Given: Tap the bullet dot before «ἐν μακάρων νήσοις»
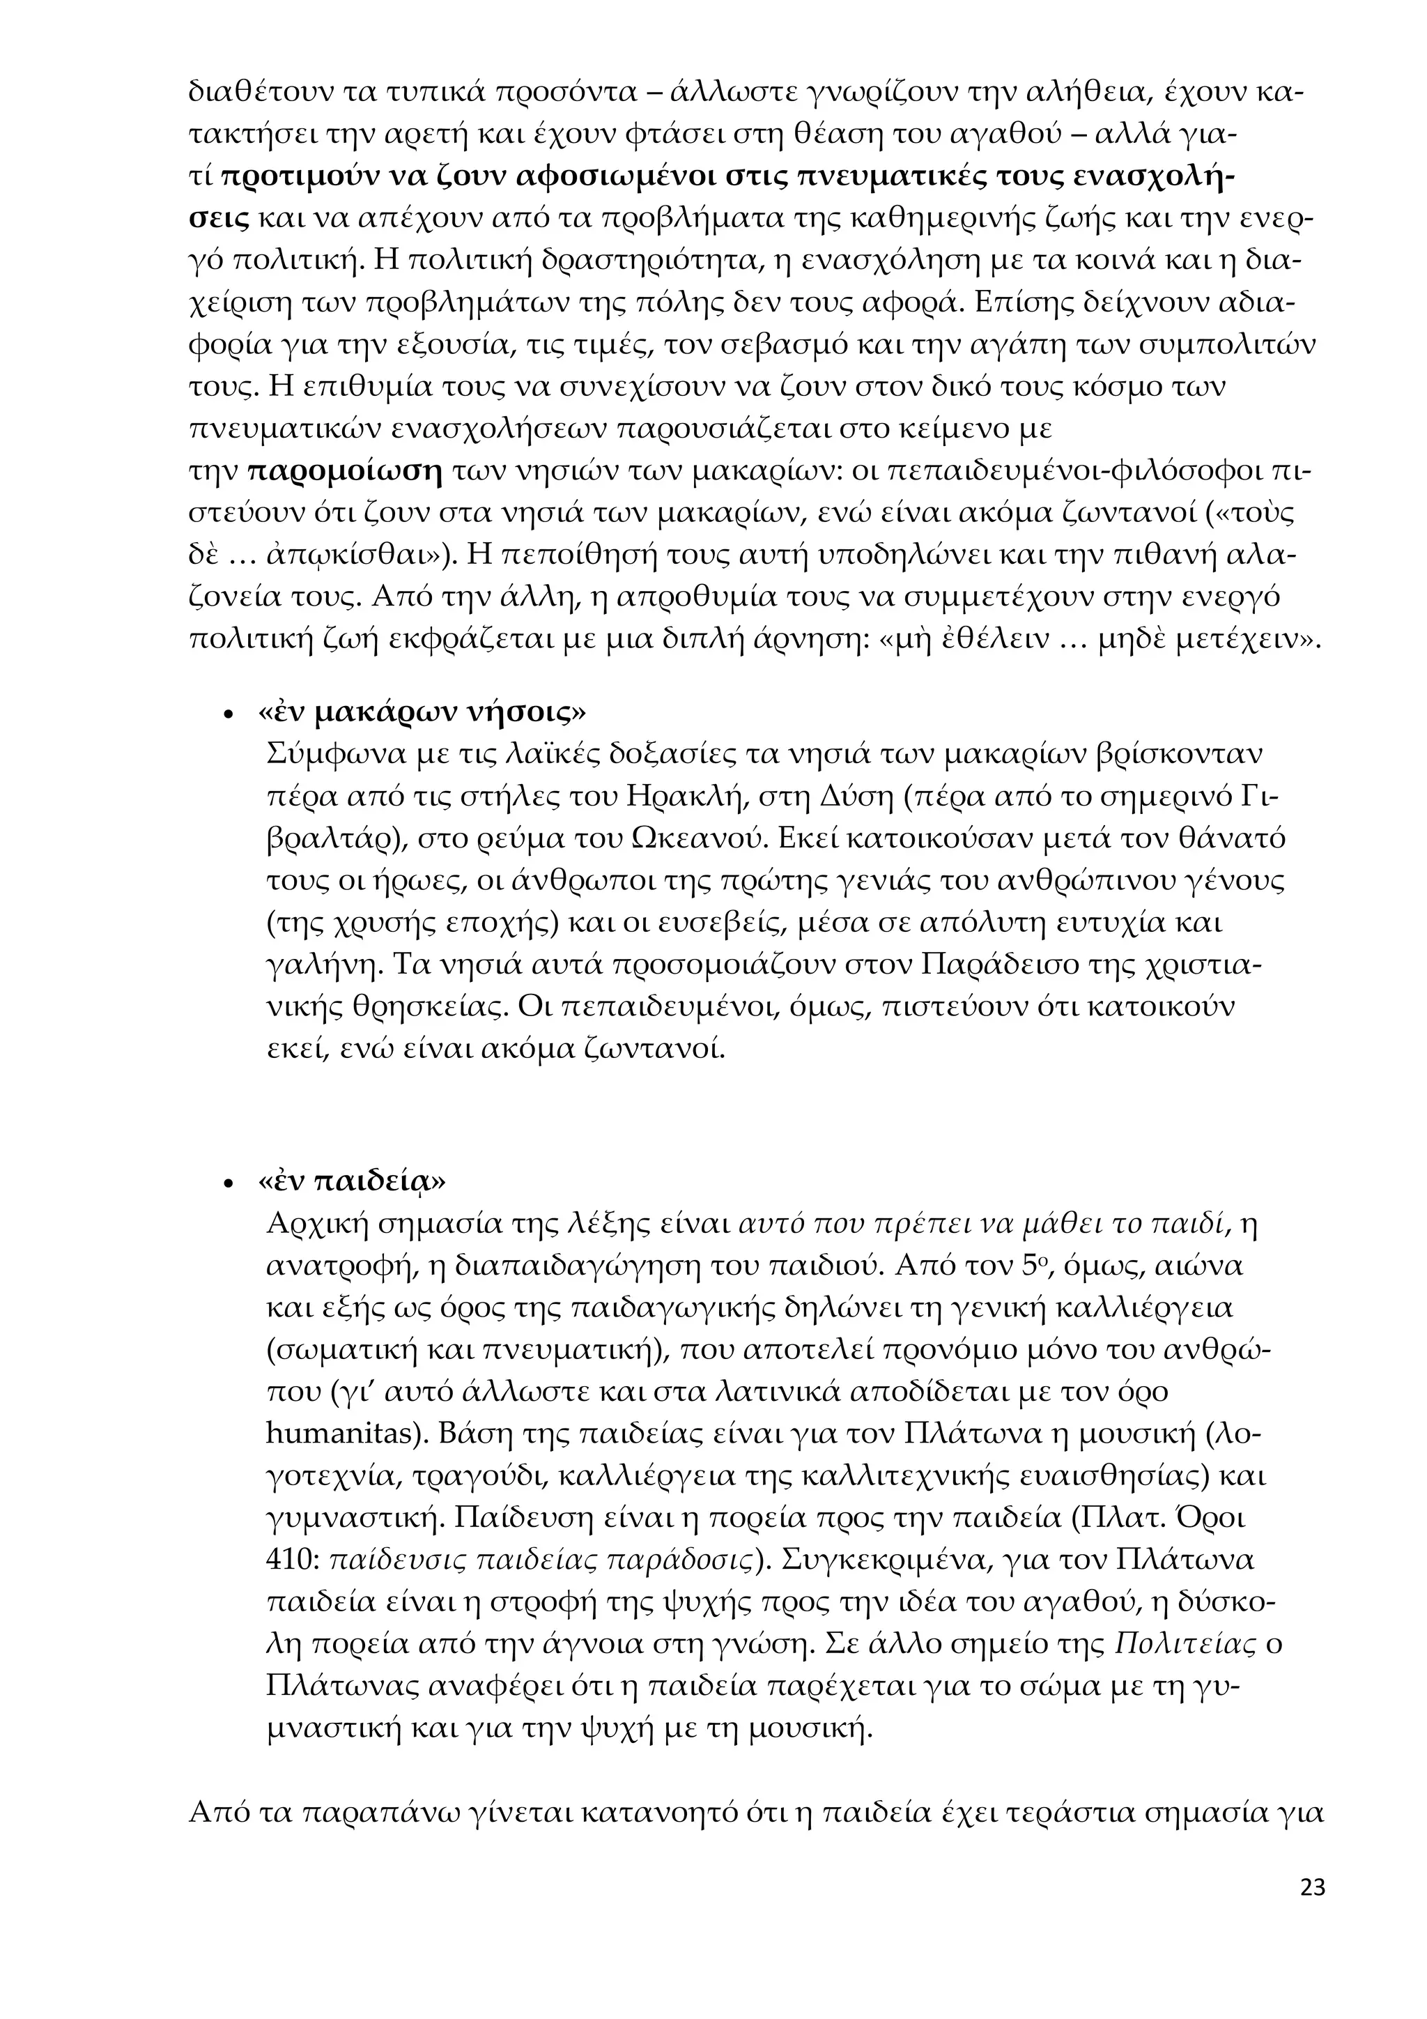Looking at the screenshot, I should coord(229,715).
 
